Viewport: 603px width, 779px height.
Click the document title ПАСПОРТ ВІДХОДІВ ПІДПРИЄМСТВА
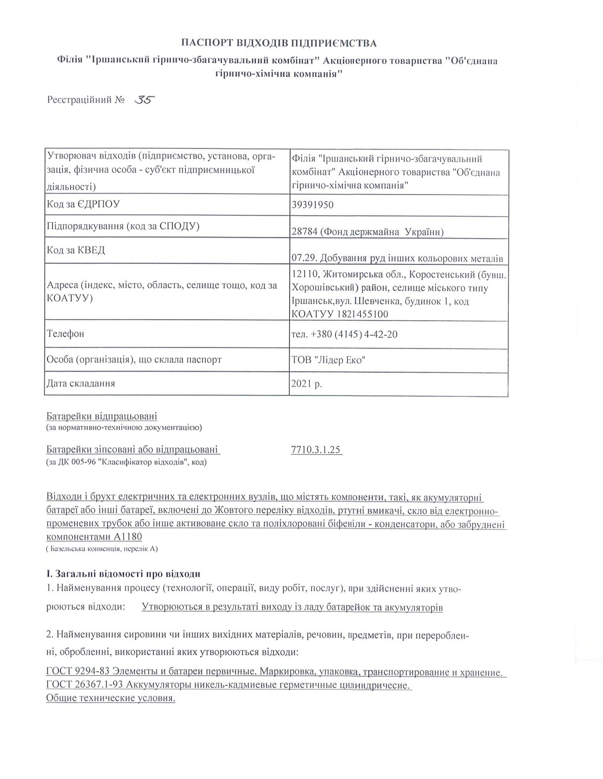278,43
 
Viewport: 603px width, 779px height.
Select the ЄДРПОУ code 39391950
313,204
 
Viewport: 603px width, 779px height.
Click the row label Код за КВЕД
76,250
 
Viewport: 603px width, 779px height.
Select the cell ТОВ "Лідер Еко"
328,360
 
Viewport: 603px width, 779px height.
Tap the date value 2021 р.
307,383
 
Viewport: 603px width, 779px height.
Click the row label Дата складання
81,383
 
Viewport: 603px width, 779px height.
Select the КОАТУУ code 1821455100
364,314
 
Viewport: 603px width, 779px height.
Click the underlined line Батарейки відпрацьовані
101,416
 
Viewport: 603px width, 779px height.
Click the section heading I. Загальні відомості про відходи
123,574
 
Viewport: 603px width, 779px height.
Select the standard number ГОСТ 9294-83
77,673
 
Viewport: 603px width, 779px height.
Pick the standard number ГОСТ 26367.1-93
84,685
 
